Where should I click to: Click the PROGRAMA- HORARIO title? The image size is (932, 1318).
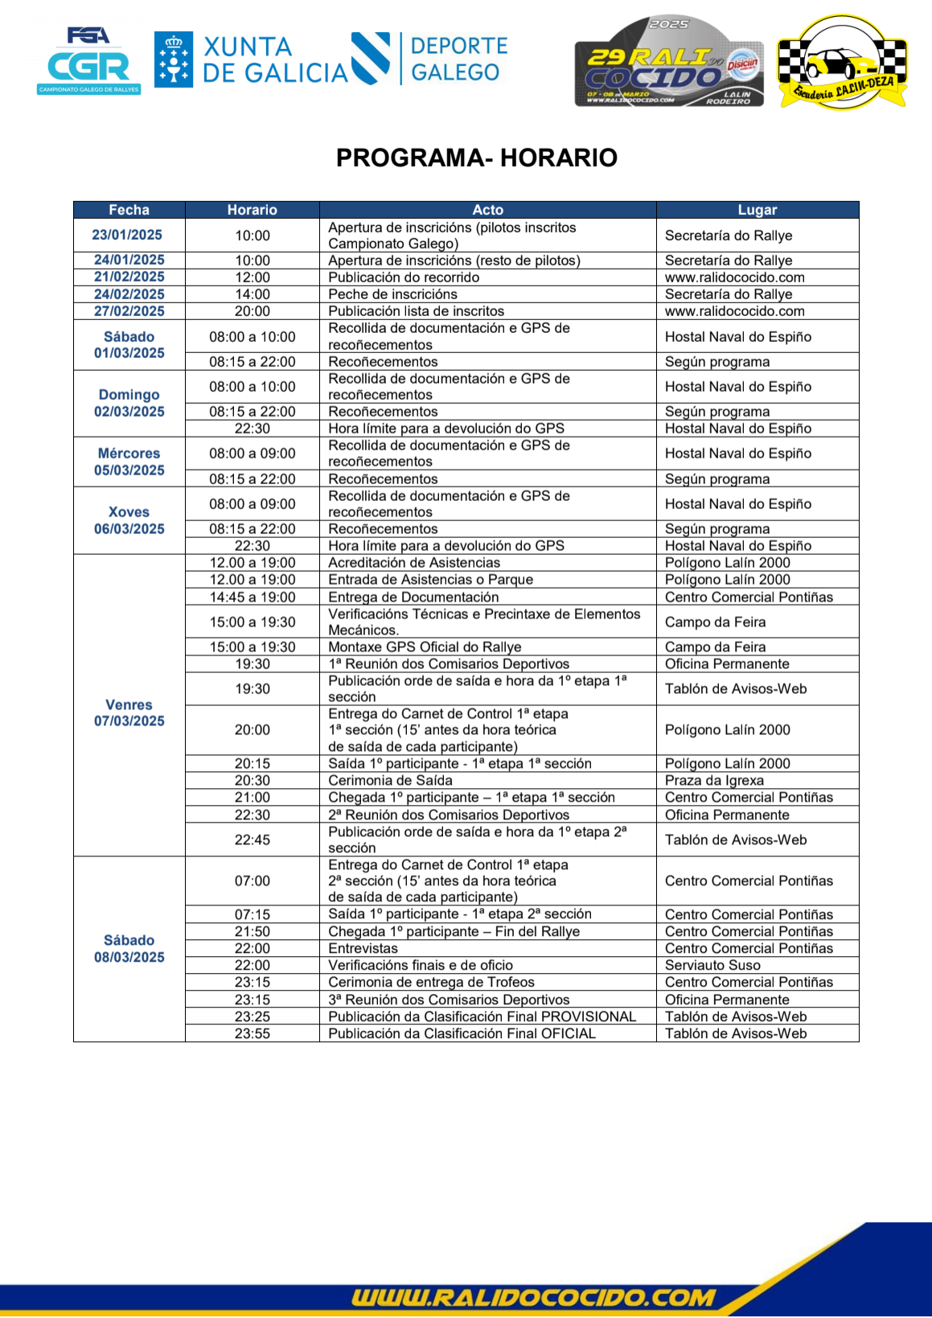click(x=476, y=158)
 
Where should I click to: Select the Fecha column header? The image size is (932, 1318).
click(x=129, y=210)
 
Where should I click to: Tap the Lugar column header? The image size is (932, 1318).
click(x=757, y=210)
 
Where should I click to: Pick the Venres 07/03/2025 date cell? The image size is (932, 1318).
click(x=129, y=712)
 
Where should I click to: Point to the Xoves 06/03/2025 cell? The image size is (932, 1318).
click(x=129, y=520)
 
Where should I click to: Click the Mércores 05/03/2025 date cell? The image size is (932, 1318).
click(x=129, y=462)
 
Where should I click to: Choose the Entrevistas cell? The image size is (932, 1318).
click(x=363, y=948)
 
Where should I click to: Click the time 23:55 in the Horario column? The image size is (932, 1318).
click(x=252, y=1033)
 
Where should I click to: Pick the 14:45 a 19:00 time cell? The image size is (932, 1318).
click(x=252, y=597)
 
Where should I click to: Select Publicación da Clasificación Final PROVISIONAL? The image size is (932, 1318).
click(x=482, y=1016)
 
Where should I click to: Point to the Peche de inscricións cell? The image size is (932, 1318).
click(x=392, y=294)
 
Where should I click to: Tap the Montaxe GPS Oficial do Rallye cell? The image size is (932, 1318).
click(x=425, y=647)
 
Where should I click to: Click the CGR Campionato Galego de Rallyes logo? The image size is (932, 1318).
click(x=88, y=61)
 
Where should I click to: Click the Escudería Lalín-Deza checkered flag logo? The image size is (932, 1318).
click(x=841, y=62)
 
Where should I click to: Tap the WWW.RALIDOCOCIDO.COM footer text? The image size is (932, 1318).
click(x=532, y=1297)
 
